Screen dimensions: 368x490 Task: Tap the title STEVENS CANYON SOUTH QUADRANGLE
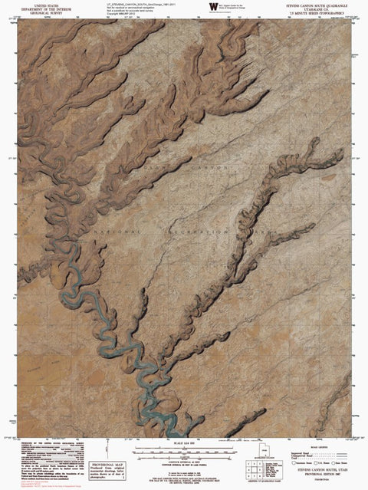(316, 4)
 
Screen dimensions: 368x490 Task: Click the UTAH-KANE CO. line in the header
(316, 8)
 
